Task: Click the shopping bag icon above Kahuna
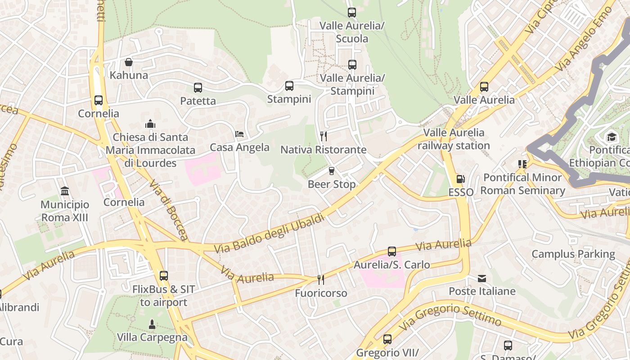129,62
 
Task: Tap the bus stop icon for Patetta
198,88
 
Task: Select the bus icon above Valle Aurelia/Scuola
352,13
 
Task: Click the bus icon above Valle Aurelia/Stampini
352,65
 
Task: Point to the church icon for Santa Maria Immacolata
150,124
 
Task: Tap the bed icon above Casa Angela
239,134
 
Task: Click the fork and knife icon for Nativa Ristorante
323,136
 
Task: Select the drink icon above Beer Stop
332,171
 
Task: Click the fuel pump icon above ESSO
460,179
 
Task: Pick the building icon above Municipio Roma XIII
65,191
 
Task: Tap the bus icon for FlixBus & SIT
164,276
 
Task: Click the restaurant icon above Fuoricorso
321,280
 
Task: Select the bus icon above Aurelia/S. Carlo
392,252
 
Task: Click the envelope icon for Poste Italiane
482,278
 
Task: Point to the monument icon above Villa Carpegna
152,324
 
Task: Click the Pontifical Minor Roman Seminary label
522,184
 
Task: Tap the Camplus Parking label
573,254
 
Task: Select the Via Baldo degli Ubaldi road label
269,234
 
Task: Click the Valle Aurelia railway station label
454,139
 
